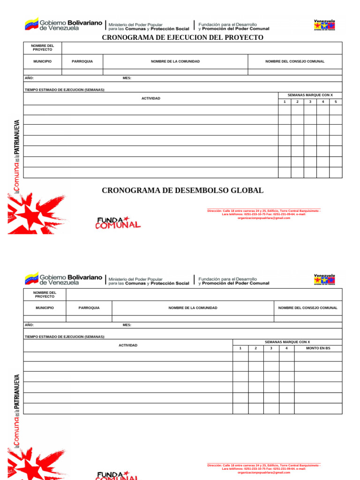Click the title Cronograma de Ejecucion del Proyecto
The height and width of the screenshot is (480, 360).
(x=182, y=37)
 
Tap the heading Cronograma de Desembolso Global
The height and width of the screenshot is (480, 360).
(x=182, y=190)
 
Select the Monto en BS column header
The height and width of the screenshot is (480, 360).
(x=318, y=348)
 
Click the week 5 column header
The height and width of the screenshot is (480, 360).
(x=336, y=102)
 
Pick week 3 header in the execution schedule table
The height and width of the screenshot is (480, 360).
(x=310, y=102)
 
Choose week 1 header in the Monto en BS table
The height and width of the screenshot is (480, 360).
(x=240, y=348)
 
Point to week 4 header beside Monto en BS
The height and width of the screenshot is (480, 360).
(x=286, y=348)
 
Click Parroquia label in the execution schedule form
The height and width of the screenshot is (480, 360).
(x=82, y=61)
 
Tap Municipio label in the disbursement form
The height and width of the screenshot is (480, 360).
(x=45, y=308)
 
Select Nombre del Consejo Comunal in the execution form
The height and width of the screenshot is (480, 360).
(x=295, y=61)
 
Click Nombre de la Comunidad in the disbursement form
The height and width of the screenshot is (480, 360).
(x=193, y=308)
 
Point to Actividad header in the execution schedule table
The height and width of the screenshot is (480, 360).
(x=151, y=98)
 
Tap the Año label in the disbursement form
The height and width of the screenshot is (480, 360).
(x=29, y=325)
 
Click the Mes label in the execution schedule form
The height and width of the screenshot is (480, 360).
(x=127, y=78)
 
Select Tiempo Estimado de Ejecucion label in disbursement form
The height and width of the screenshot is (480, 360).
(x=65, y=337)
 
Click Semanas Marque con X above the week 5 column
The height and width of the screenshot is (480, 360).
(x=310, y=95)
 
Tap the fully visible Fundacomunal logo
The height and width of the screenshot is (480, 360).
(x=118, y=222)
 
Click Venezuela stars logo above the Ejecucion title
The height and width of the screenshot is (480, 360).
(x=324, y=25)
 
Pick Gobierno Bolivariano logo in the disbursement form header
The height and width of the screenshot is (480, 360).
(x=63, y=279)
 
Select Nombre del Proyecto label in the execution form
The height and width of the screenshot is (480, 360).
(x=43, y=47)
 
